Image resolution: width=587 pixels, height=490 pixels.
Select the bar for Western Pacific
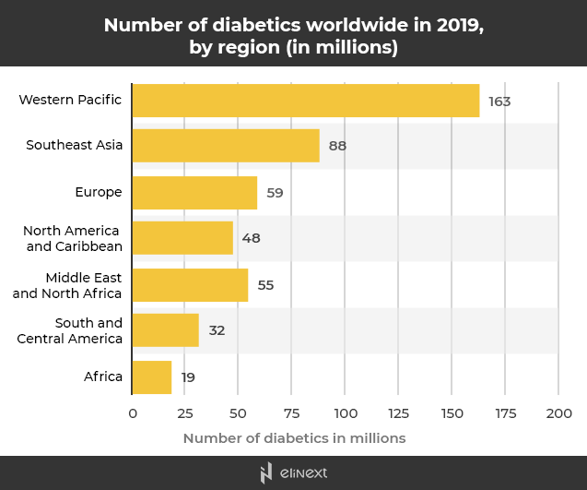click(306, 101)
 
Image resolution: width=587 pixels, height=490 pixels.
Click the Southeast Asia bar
click(226, 146)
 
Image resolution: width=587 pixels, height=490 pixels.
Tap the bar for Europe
click(194, 193)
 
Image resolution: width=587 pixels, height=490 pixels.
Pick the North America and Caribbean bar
click(182, 238)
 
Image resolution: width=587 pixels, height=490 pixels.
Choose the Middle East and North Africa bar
click(190, 285)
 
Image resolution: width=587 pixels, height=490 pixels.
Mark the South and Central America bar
click(166, 330)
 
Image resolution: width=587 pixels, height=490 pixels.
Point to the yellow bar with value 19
click(152, 376)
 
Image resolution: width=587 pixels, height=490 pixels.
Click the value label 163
click(499, 101)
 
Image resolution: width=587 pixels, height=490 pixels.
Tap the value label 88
click(337, 146)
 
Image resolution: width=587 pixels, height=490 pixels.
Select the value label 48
click(252, 238)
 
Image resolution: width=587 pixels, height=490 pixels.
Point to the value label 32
click(217, 330)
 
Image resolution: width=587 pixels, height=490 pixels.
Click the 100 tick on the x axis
click(346, 413)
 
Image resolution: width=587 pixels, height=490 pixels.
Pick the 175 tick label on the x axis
click(505, 413)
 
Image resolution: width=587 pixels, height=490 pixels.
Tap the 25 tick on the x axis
click(186, 413)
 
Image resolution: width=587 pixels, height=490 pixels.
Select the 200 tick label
click(558, 413)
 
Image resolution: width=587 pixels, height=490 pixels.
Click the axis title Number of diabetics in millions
click(294, 438)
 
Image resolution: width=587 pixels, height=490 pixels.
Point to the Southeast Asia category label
click(74, 145)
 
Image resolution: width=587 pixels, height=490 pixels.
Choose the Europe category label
click(99, 192)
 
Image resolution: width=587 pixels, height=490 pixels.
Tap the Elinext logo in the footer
click(294, 473)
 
